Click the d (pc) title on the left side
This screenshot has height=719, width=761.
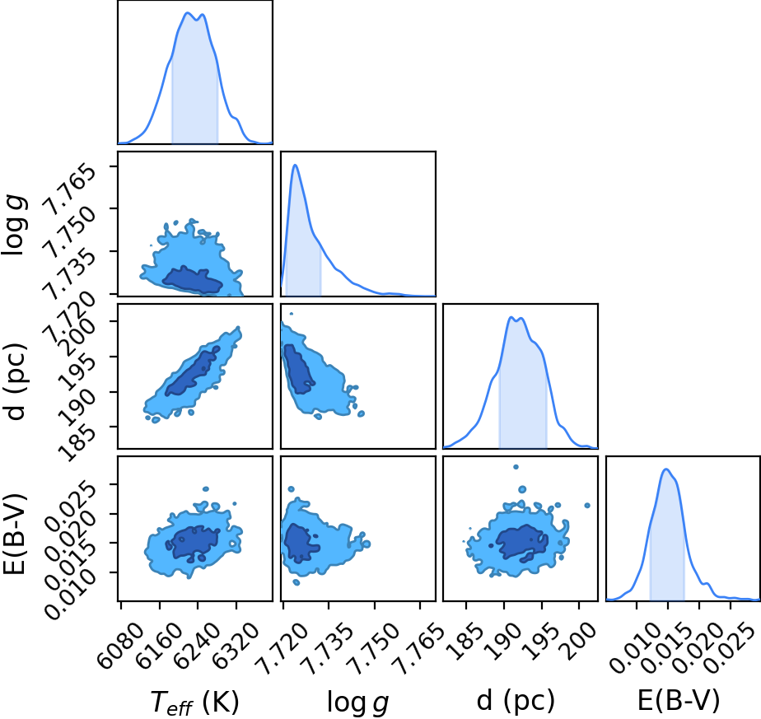(15, 381)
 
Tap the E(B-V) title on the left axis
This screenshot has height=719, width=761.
(14, 534)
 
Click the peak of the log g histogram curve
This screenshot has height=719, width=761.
(295, 165)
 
